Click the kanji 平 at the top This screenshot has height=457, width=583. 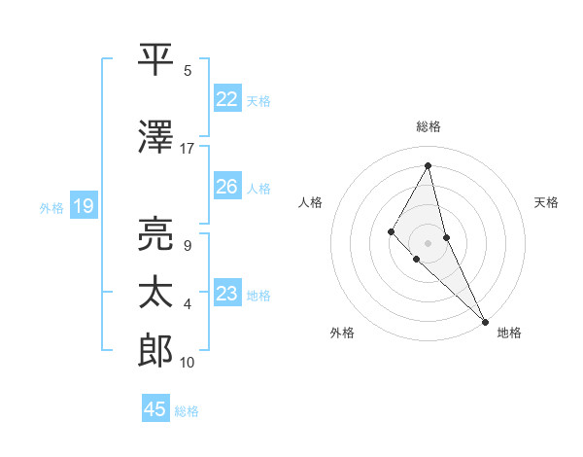155,58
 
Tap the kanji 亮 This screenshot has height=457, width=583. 155,233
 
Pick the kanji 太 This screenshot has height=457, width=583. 155,293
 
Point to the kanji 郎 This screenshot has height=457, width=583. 155,350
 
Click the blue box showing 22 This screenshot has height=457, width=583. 227,98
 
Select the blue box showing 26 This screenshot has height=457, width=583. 227,187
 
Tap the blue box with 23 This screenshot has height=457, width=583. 227,294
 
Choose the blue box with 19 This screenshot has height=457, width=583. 83,206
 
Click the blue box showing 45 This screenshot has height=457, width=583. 155,409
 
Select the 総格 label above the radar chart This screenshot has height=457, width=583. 429,126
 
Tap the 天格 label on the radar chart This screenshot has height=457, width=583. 546,202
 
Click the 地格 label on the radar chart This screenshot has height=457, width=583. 509,333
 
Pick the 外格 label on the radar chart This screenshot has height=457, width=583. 342,333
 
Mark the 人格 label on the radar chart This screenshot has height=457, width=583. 310,202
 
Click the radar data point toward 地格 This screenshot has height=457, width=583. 484,320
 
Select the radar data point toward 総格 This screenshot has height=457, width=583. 429,165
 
